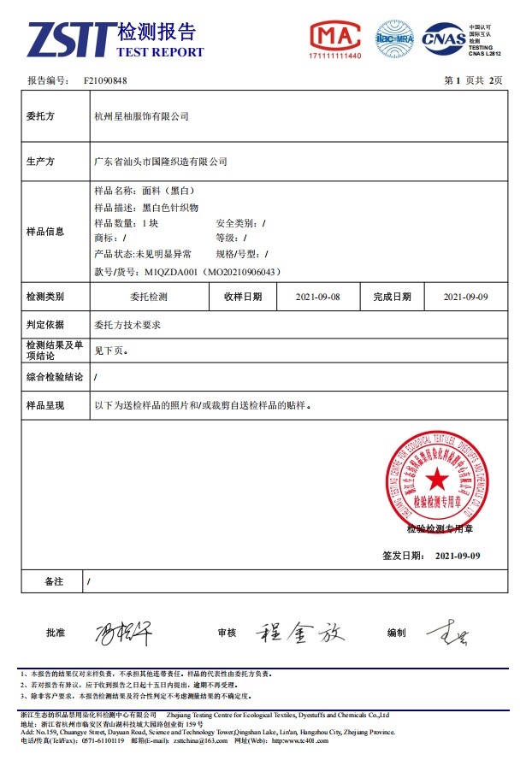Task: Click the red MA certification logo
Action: (x=334, y=37)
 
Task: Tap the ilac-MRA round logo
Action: (x=394, y=38)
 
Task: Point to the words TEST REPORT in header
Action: (x=160, y=52)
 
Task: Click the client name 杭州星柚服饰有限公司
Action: (x=141, y=116)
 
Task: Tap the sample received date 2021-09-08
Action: (x=317, y=297)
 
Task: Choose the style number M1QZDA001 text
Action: (x=172, y=272)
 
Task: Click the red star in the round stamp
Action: (x=437, y=480)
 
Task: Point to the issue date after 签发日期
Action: (x=458, y=556)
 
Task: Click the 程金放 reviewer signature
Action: (x=299, y=632)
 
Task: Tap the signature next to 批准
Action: (x=122, y=633)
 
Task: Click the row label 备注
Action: (x=54, y=581)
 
